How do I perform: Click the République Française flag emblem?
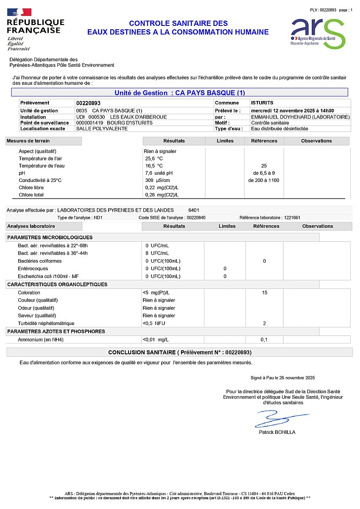pyautogui.click(x=20, y=12)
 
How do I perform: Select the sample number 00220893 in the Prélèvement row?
pyautogui.click(x=88, y=103)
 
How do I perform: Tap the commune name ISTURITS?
pyautogui.click(x=262, y=103)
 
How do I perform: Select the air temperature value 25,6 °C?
pyautogui.click(x=154, y=158)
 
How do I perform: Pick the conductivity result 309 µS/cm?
pyautogui.click(x=157, y=180)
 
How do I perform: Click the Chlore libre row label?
pyautogui.click(x=31, y=187)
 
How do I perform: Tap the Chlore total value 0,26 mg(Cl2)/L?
pyautogui.click(x=162, y=195)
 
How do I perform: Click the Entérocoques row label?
pyautogui.click(x=33, y=268)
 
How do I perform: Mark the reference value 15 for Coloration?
pyautogui.click(x=264, y=293)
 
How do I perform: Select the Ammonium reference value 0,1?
pyautogui.click(x=264, y=340)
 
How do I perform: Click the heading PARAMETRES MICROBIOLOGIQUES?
pyautogui.click(x=50, y=238)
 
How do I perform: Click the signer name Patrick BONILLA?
pyautogui.click(x=277, y=432)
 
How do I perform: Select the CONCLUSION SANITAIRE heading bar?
pyautogui.click(x=180, y=352)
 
